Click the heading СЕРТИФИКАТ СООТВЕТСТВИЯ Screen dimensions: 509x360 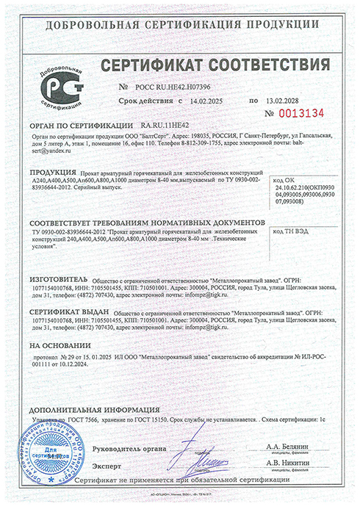click(205, 68)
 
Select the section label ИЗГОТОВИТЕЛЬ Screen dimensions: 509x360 click(60, 281)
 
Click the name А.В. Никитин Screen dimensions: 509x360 click(289, 465)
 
